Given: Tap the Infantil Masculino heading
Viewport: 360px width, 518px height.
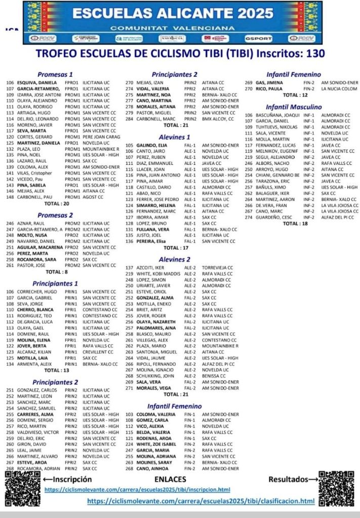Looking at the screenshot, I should [x=294, y=107].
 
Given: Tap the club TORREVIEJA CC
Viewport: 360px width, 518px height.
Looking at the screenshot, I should [x=217, y=268].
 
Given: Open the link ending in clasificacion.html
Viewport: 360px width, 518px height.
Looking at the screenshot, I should [x=201, y=501].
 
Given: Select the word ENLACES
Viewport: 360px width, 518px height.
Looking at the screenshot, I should [x=170, y=479].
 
